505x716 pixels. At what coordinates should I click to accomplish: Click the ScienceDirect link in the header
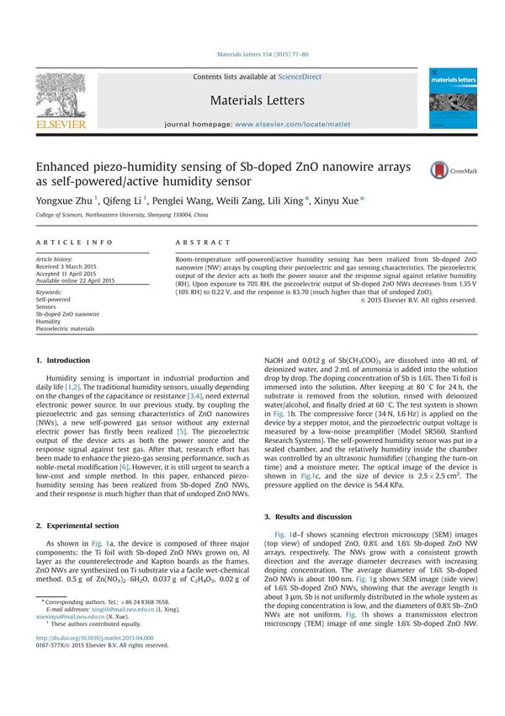(x=300, y=77)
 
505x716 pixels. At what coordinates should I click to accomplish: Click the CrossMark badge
(x=450, y=169)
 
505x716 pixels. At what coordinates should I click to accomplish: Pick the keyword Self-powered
(x=53, y=299)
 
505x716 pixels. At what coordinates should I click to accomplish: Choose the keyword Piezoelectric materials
(x=65, y=329)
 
